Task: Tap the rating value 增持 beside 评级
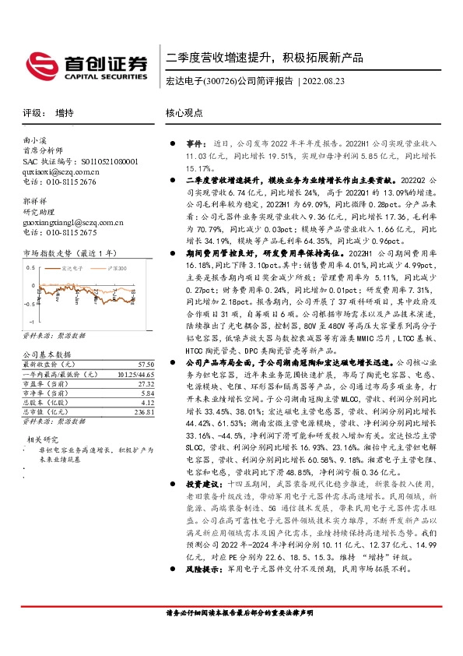click(x=65, y=113)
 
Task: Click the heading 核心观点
click(x=184, y=113)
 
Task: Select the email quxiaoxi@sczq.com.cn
click(x=58, y=171)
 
